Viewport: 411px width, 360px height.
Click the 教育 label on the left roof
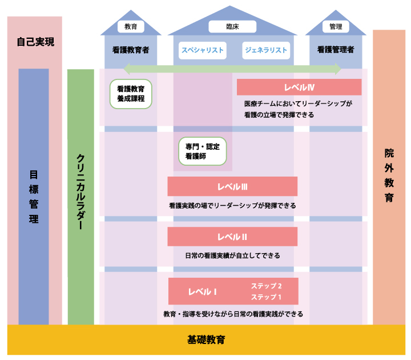click(x=131, y=26)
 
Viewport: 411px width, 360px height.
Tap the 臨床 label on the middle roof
click(x=232, y=26)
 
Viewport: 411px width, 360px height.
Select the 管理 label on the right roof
click(x=336, y=26)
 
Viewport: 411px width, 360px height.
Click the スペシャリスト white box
click(x=202, y=50)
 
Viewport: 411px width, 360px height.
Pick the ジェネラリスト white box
click(x=265, y=50)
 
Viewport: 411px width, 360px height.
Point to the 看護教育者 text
click(x=131, y=50)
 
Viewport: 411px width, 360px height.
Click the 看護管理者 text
click(x=336, y=50)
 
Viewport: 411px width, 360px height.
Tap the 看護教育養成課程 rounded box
click(x=131, y=94)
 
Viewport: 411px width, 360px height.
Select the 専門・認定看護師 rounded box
click(x=202, y=150)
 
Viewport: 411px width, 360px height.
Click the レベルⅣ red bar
click(x=299, y=87)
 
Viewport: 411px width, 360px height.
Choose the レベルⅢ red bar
click(x=232, y=186)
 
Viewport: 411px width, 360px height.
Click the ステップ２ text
click(x=267, y=286)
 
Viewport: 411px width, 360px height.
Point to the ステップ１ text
click(x=267, y=297)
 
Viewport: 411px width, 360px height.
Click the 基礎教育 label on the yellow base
click(x=206, y=340)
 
